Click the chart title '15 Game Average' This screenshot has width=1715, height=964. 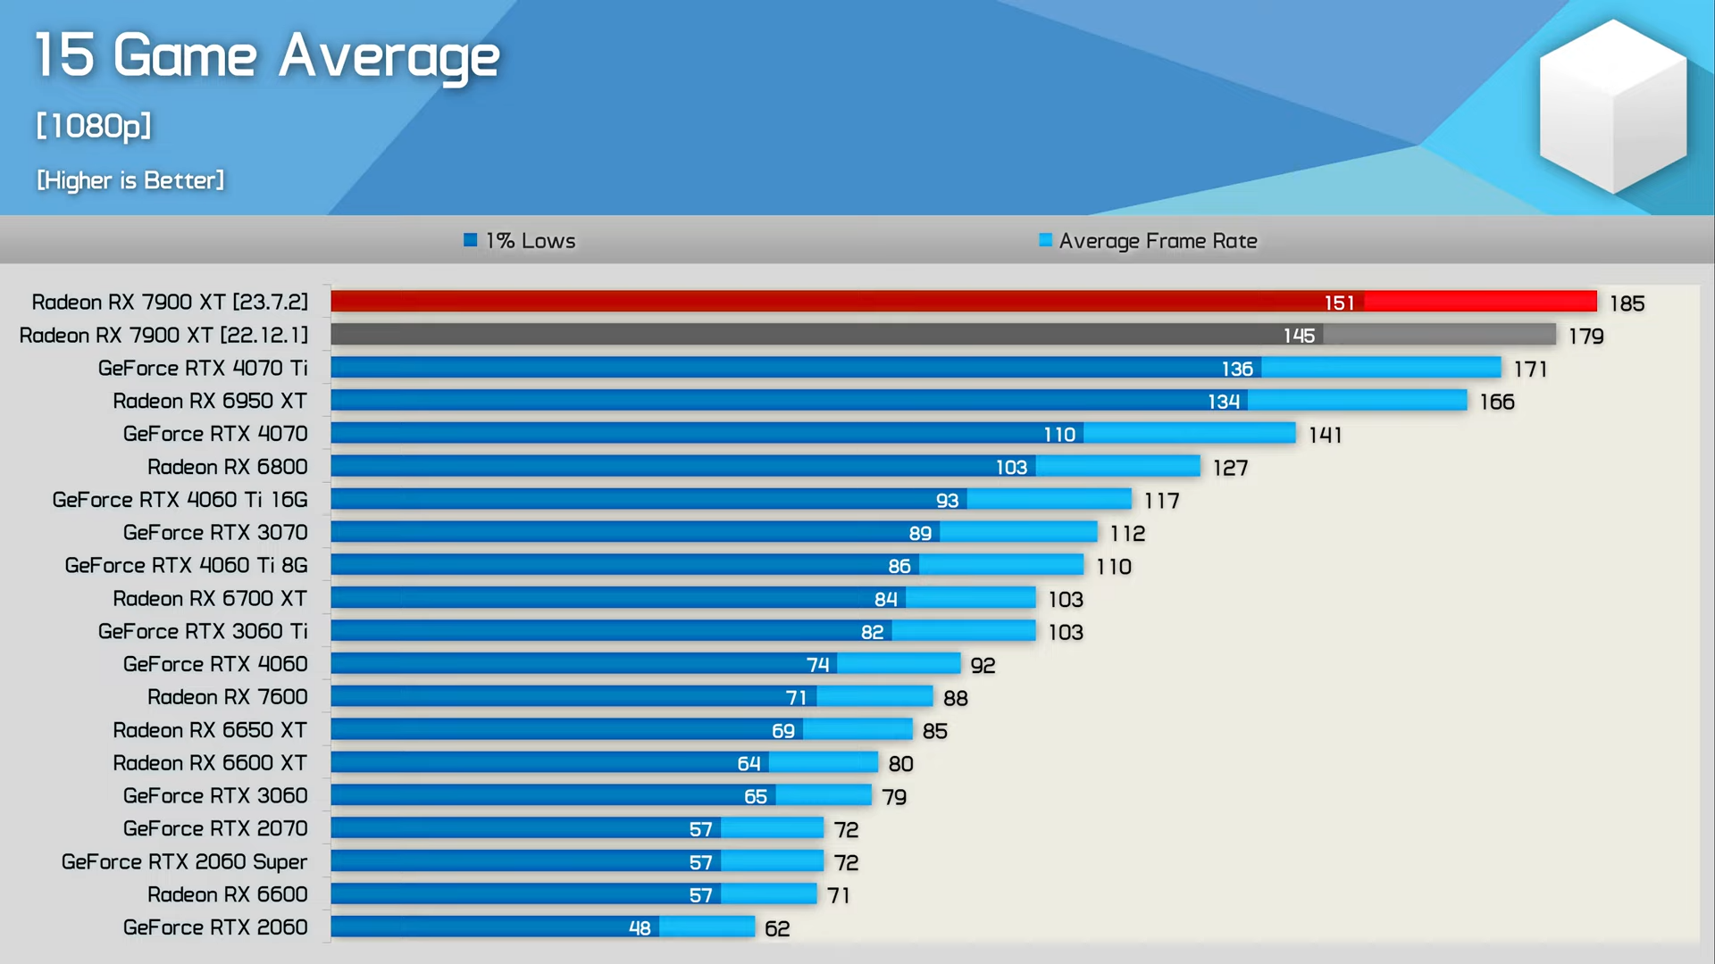[266, 55]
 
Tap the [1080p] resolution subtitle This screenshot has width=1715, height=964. [94, 126]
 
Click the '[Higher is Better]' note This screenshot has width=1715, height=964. [130, 180]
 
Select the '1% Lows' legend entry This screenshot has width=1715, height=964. [521, 241]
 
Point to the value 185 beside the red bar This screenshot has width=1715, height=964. [1627, 303]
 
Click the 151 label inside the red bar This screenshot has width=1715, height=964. [1339, 303]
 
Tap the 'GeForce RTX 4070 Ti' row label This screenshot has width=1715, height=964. [203, 368]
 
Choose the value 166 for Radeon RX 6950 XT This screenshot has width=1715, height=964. [1497, 402]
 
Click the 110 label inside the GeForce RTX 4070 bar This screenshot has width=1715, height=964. [1059, 435]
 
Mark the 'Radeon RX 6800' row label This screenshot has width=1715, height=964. [227, 467]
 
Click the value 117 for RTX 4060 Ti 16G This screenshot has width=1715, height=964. [1162, 501]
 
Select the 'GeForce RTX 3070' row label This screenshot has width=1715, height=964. [215, 533]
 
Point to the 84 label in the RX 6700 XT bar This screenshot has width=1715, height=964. [885, 599]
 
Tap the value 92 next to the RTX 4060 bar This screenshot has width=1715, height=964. [983, 665]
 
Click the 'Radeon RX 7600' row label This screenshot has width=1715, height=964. [227, 697]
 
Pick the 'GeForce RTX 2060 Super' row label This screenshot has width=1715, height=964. [184, 861]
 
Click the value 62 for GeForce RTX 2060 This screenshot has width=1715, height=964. [777, 928]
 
